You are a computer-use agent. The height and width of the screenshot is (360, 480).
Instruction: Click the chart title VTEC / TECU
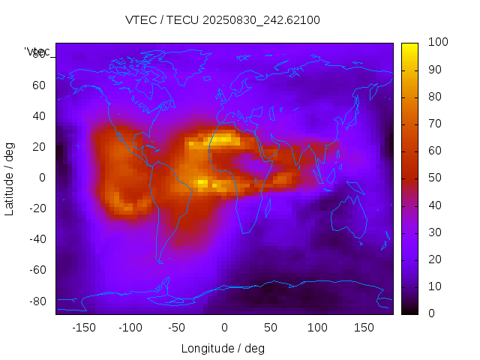tap(223, 20)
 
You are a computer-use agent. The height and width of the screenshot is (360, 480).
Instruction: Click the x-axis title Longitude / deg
tap(223, 348)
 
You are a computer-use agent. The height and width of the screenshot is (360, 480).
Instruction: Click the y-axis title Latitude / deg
tap(10, 178)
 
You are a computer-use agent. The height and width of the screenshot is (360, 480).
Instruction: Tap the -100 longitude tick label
tap(130, 328)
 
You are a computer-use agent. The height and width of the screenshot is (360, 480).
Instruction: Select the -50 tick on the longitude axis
tap(177, 328)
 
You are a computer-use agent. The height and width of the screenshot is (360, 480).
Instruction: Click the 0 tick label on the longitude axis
tap(224, 328)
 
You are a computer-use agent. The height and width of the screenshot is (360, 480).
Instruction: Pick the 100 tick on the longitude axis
tap(317, 328)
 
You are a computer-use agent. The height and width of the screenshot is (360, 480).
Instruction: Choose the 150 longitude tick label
tap(364, 328)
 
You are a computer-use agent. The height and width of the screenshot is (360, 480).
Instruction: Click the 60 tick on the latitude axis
tap(39, 85)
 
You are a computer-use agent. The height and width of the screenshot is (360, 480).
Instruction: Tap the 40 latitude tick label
tap(39, 116)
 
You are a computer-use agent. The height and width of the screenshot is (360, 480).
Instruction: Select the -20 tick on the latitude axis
tap(37, 208)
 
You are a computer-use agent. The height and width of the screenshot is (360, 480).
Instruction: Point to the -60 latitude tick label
tap(37, 270)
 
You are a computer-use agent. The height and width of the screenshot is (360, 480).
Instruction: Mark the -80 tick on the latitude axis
tap(37, 301)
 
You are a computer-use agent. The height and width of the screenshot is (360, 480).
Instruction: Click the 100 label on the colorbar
tap(437, 43)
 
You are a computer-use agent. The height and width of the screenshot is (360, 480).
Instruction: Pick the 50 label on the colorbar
tap(434, 178)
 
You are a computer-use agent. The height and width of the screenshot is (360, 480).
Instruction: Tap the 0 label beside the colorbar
tap(431, 313)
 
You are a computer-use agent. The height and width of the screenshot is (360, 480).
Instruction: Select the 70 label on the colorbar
tap(434, 124)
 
